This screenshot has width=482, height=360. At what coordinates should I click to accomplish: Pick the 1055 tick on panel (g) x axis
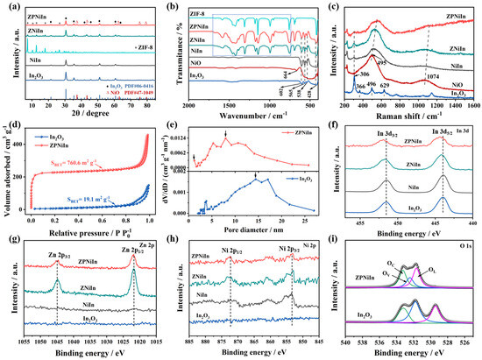(25, 346)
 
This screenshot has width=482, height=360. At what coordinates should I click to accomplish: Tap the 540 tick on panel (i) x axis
(345, 346)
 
